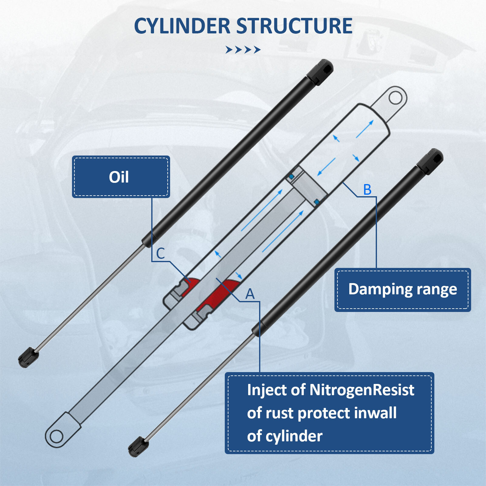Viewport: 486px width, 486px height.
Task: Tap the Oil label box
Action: pos(121,177)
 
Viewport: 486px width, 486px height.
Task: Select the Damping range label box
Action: pos(402,289)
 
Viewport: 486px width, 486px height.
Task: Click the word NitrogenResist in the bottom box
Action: pos(361,390)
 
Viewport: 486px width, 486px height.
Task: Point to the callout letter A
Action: pos(250,294)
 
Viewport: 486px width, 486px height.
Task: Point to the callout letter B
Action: pos(367,190)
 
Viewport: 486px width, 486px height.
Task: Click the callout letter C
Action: pos(160,253)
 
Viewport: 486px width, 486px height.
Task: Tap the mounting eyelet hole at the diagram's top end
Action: pos(395,98)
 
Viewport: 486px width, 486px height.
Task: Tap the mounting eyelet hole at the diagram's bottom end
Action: pos(56,436)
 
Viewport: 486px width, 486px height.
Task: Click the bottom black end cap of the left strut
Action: pos(28,357)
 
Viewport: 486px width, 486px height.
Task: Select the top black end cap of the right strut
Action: pos(431,161)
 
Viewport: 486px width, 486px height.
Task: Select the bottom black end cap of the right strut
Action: pos(138,447)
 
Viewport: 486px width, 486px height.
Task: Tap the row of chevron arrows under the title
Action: pos(243,50)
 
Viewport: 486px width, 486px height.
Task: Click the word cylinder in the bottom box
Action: pos(294,436)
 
